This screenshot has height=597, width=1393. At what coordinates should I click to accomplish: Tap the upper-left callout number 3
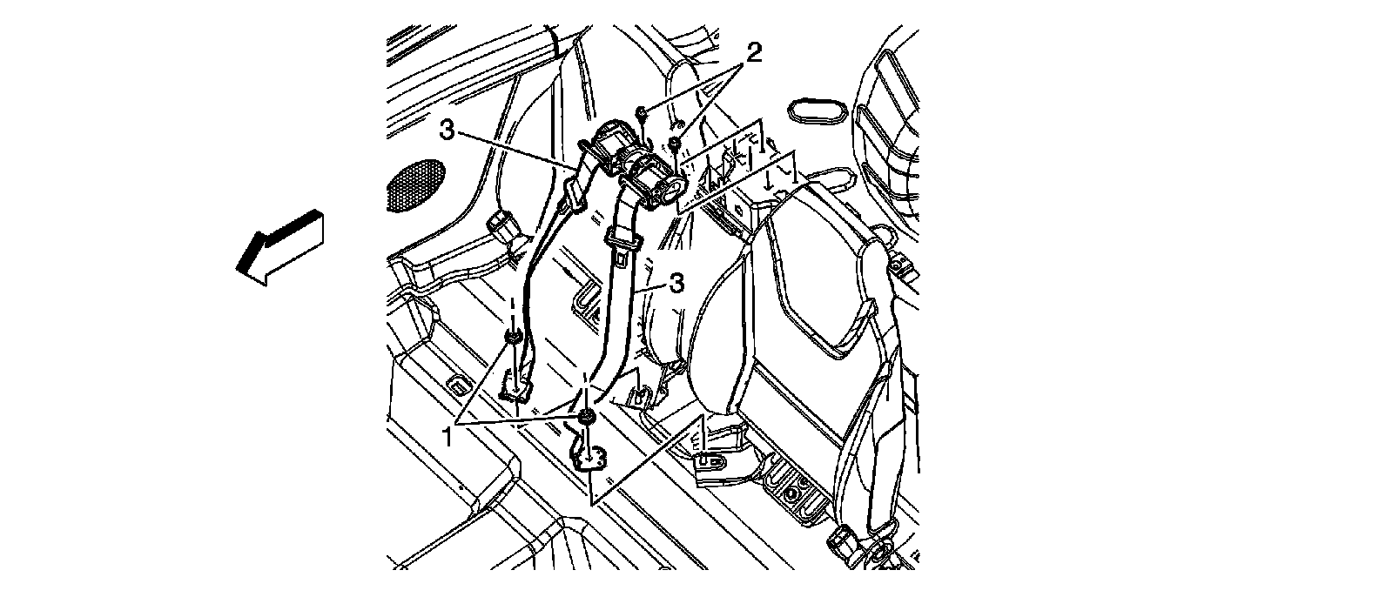[x=447, y=131]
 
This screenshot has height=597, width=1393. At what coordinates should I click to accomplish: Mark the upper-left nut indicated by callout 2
[x=640, y=111]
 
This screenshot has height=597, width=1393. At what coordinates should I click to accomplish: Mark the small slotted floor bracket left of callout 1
[x=454, y=383]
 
